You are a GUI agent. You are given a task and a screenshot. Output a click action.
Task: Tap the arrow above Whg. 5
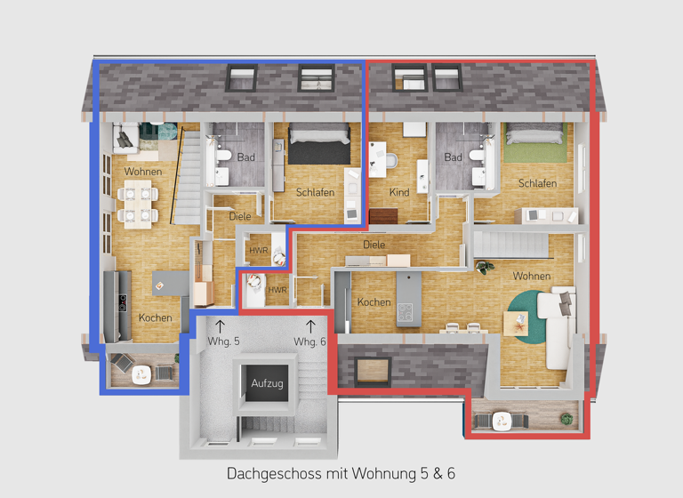[x=220, y=326]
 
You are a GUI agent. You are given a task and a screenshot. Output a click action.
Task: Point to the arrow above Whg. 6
[x=310, y=326]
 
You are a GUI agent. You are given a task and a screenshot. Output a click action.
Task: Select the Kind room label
[x=399, y=192]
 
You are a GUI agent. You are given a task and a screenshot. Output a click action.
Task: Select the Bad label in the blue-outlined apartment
[x=246, y=157]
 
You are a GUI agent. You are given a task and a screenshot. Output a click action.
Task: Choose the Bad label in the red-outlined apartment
[x=454, y=157]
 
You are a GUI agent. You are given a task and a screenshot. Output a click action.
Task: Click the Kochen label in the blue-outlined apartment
[x=155, y=317]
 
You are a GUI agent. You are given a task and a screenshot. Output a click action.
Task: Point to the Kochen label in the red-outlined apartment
[x=374, y=302]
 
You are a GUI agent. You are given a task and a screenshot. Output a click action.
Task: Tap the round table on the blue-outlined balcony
[x=140, y=375]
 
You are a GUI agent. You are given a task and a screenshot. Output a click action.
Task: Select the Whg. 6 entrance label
[x=310, y=341]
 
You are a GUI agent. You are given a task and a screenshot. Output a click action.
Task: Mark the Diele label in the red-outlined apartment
[x=374, y=245]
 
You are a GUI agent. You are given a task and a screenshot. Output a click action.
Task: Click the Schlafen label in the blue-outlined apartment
[x=315, y=192]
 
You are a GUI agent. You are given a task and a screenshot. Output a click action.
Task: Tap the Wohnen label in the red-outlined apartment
[x=531, y=277]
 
